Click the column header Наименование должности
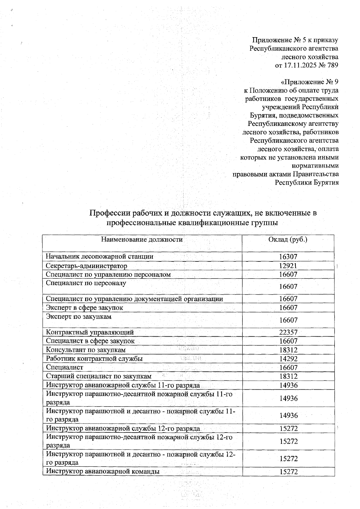(x=142, y=240)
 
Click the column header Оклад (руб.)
(x=288, y=240)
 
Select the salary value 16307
(x=288, y=257)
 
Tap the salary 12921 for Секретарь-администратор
(x=288, y=266)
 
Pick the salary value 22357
(x=288, y=332)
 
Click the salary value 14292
(x=288, y=359)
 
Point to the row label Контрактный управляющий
(x=90, y=332)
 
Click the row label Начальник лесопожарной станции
(x=99, y=257)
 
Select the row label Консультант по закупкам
(x=85, y=350)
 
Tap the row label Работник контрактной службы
(x=94, y=359)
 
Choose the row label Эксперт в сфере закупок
(x=84, y=308)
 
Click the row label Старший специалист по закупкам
(x=99, y=376)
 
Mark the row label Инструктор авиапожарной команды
(x=102, y=472)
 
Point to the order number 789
(x=332, y=65)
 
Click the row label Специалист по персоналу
(x=86, y=283)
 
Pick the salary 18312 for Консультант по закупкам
(x=288, y=350)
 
